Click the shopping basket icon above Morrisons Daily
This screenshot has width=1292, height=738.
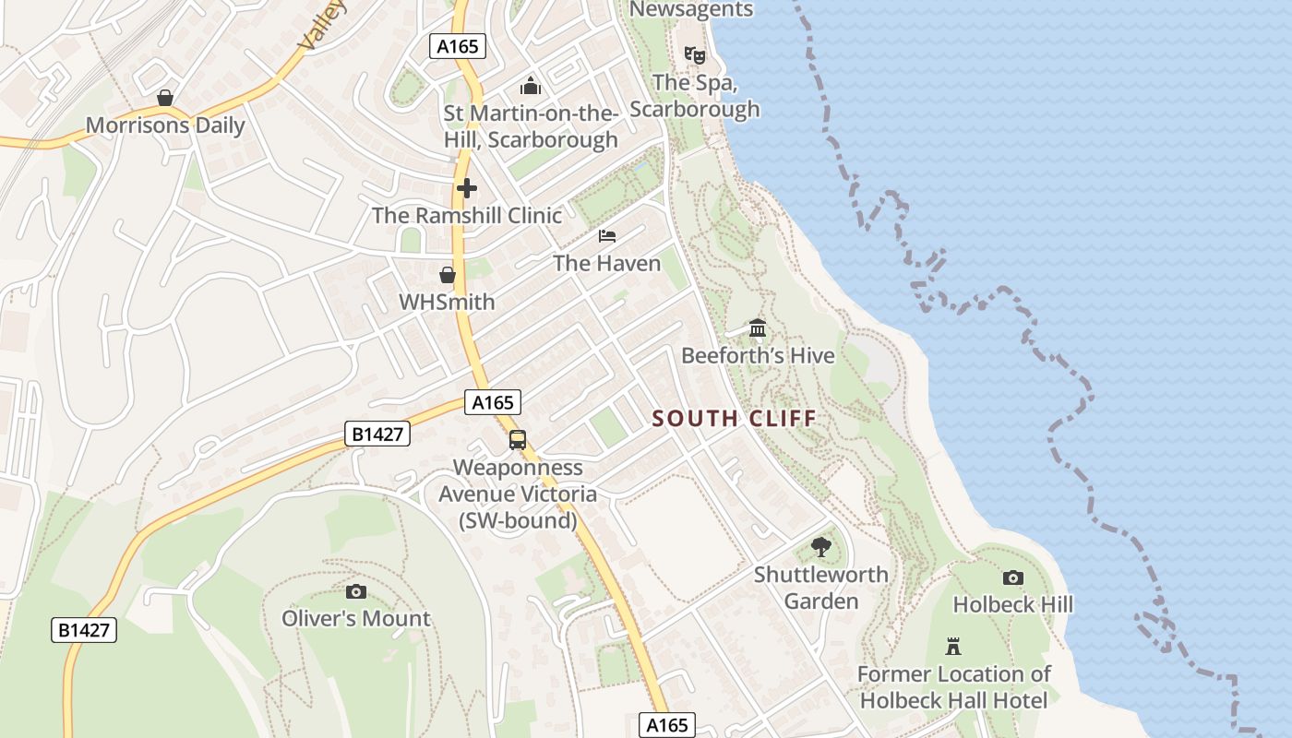click(165, 98)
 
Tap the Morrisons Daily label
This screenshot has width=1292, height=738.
click(165, 125)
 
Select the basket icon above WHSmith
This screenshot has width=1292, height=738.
click(448, 275)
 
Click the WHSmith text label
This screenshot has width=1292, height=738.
click(447, 302)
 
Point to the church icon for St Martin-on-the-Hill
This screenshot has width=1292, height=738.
click(531, 87)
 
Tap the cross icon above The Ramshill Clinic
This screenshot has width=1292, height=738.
click(467, 188)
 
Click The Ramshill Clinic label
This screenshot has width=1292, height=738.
click(467, 216)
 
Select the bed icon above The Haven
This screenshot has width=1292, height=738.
click(607, 236)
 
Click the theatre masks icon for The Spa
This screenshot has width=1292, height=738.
click(695, 55)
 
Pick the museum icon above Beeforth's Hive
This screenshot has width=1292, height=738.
click(758, 328)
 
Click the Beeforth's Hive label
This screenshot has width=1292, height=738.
click(758, 356)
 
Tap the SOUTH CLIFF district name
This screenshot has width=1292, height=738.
click(735, 419)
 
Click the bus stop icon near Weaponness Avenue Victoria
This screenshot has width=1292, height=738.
click(518, 440)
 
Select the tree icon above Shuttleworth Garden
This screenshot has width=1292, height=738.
click(820, 547)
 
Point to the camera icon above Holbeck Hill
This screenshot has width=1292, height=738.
click(1013, 578)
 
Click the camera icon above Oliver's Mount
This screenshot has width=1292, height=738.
click(355, 591)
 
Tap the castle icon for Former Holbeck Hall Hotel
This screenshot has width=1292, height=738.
click(953, 647)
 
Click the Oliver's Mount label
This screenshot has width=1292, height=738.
click(356, 618)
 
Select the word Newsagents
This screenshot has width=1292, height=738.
click(691, 9)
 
